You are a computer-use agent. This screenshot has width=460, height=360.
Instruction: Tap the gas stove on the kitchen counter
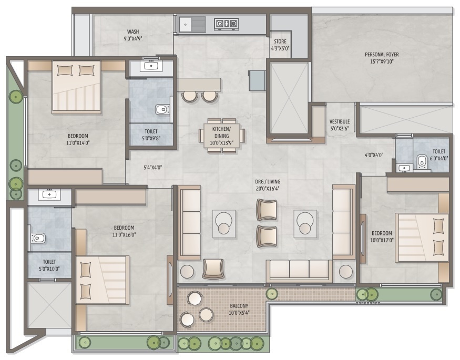coord(226,23)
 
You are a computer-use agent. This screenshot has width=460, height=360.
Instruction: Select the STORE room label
coord(280,42)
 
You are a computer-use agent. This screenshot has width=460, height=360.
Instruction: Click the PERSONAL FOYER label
coord(382,55)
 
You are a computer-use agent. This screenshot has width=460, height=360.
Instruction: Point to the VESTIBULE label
coord(340,121)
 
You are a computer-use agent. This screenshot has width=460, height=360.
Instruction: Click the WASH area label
coord(133,32)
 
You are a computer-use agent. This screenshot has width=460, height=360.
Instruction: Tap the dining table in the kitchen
coord(221,136)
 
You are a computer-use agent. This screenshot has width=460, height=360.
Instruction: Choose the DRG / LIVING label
coord(267,182)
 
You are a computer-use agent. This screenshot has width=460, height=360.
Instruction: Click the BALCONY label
coord(239,306)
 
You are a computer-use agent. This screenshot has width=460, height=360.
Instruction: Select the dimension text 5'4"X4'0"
coord(152,168)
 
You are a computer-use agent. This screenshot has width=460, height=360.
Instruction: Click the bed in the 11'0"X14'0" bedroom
coord(77,87)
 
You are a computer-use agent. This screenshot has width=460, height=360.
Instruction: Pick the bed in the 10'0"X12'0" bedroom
coord(422,238)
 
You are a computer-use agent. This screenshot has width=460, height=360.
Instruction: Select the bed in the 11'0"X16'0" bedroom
coord(103,280)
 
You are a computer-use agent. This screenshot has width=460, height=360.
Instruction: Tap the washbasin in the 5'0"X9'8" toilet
coord(151,66)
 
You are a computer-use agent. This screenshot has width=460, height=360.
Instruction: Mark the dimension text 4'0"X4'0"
coord(374,155)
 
